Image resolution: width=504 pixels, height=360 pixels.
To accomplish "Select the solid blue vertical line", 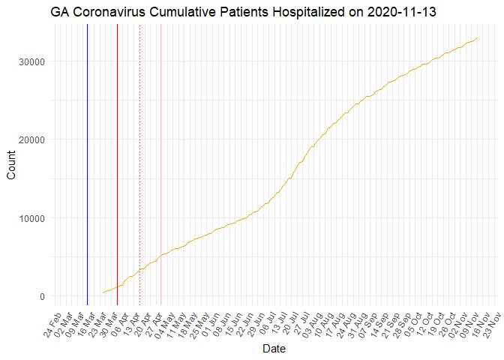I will point(87,165).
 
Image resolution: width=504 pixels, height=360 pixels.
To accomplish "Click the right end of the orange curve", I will point(478,37).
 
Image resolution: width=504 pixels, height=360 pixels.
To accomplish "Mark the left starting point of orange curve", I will point(103,292).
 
